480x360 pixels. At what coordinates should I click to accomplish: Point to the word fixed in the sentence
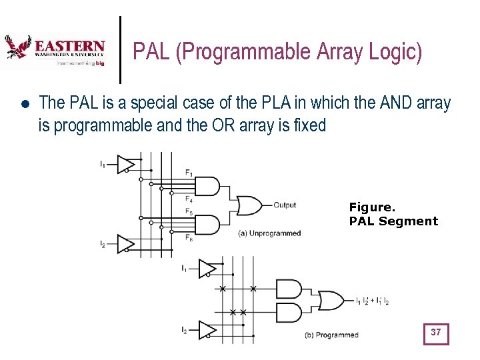[309, 125]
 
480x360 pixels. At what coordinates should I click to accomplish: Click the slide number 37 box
[436, 333]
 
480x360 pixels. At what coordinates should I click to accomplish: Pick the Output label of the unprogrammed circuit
[285, 205]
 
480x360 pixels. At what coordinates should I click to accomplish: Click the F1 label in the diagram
[189, 173]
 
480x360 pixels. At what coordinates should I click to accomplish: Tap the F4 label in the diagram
[189, 199]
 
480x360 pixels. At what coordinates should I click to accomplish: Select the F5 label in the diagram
[189, 213]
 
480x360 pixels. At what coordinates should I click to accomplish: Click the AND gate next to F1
[206, 186]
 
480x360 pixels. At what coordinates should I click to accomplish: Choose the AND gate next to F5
[206, 225]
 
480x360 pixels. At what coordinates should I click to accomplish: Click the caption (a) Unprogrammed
[269, 233]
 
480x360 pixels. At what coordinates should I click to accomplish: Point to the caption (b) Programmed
[331, 335]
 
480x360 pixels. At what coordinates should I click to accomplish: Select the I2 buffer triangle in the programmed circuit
[207, 329]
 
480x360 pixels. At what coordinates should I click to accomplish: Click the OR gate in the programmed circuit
[331, 301]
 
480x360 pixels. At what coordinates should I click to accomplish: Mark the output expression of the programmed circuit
[372, 301]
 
